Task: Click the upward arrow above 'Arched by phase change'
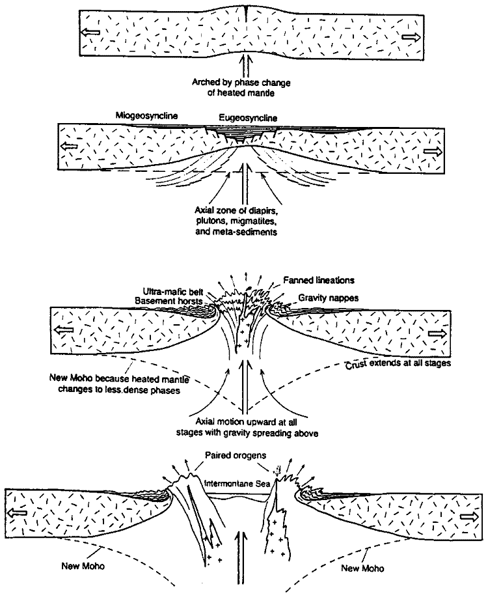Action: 245,66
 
